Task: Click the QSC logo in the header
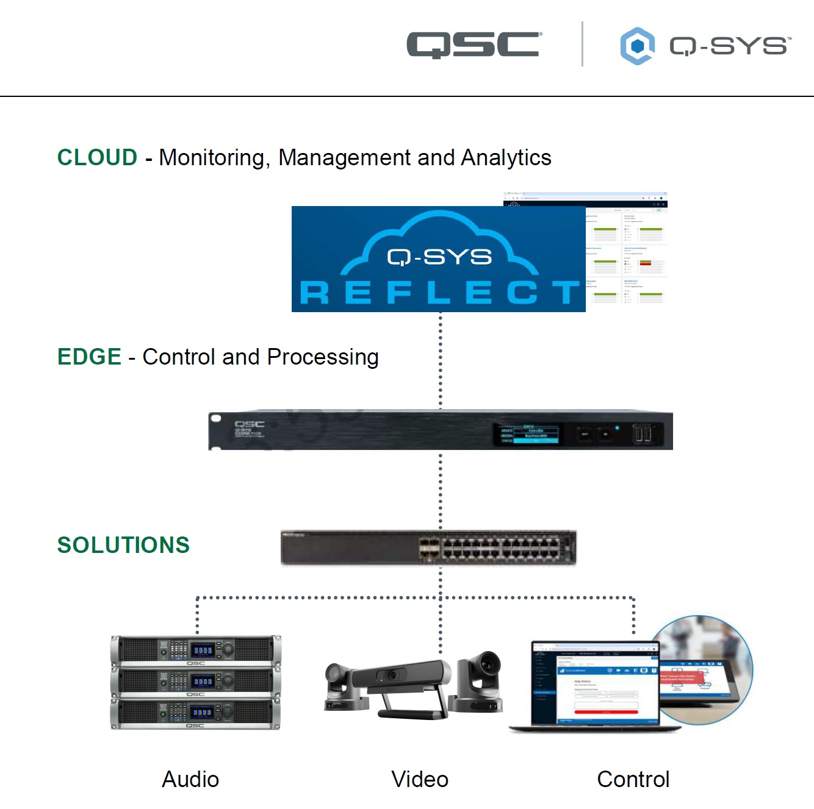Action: coord(474,45)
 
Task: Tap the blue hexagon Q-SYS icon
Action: coord(637,46)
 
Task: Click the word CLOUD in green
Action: coord(97,157)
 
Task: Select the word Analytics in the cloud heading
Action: coord(506,157)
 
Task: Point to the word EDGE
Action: coord(89,357)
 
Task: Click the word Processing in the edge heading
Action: coord(323,357)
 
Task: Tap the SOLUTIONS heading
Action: coord(123,545)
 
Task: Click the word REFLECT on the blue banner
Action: coord(439,293)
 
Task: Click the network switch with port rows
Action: coord(428,547)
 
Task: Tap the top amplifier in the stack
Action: coord(195,650)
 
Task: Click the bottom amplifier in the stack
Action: coord(195,713)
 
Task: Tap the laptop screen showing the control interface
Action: coord(595,683)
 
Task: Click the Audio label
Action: coord(190,779)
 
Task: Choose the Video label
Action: coord(420,779)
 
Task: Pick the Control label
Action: coord(633,779)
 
